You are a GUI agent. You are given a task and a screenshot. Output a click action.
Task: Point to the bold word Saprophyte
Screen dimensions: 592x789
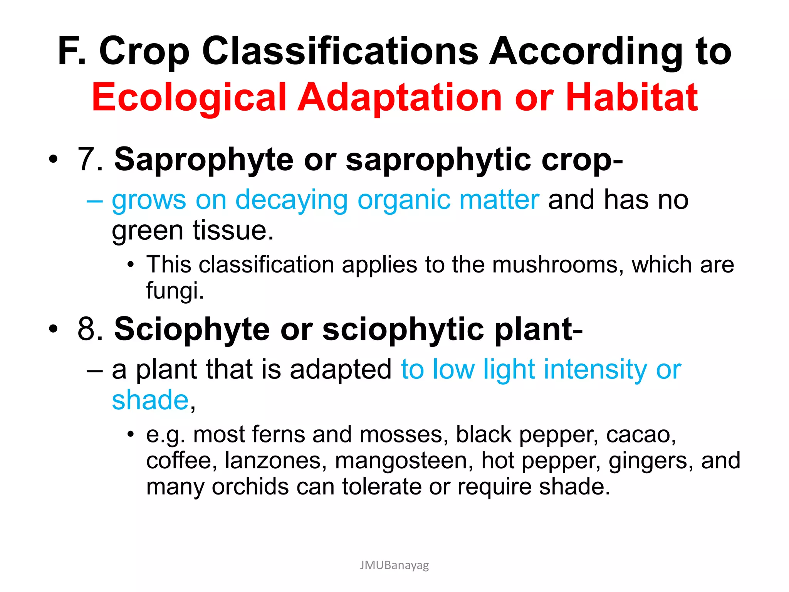[x=204, y=159]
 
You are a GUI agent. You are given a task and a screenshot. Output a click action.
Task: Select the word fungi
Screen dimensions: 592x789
[x=175, y=290]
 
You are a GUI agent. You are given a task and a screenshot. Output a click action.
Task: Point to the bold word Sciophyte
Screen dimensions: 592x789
[x=192, y=329]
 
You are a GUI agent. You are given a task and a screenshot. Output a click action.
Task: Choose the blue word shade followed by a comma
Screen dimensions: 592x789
[x=150, y=400]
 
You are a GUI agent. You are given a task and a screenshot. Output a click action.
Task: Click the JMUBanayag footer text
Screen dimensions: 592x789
[x=394, y=565]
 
